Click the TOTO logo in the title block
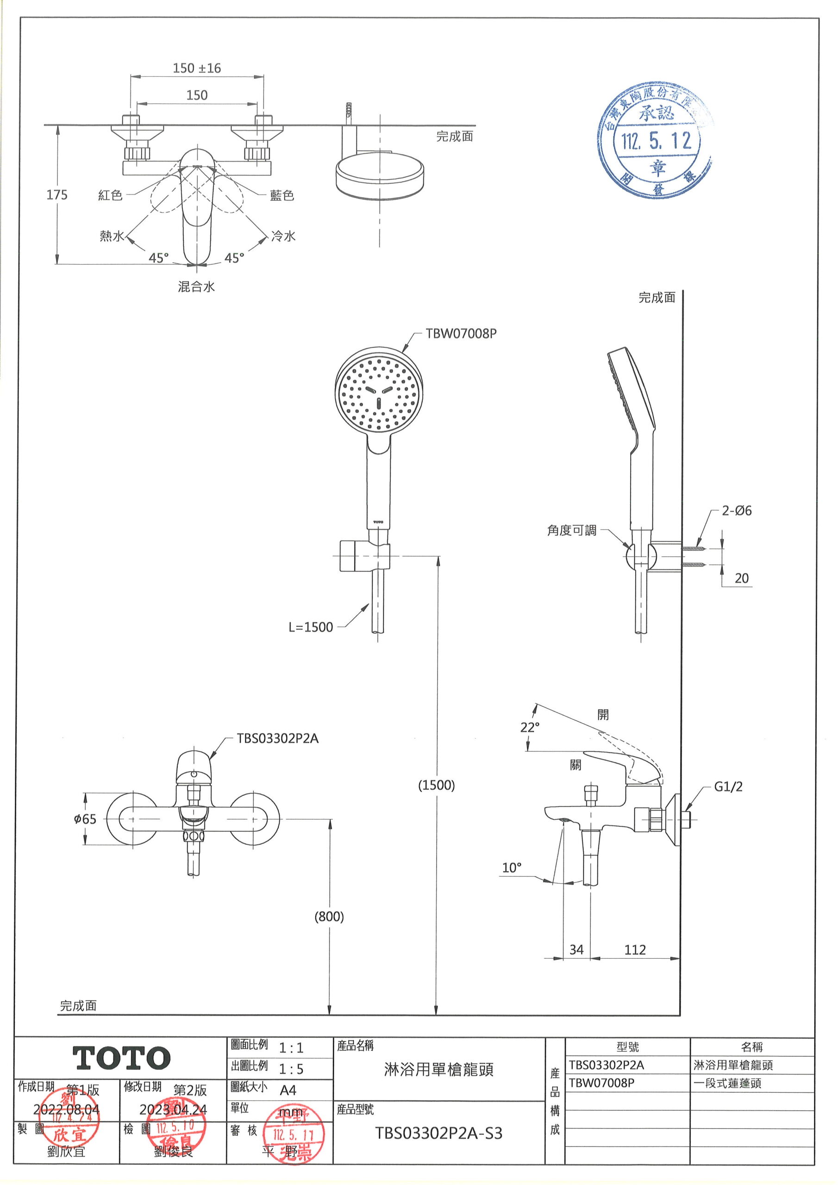pyautogui.click(x=122, y=1058)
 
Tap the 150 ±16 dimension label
pyautogui.click(x=197, y=68)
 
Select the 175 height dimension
pyautogui.click(x=57, y=194)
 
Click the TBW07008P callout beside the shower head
pyautogui.click(x=461, y=333)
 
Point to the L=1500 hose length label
pyautogui.click(x=310, y=627)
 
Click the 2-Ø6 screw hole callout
pyautogui.click(x=736, y=511)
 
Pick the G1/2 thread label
pyautogui.click(x=728, y=786)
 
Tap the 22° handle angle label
pyautogui.click(x=530, y=727)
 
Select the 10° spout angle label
pyautogui.click(x=512, y=867)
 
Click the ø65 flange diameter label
pyautogui.click(x=85, y=818)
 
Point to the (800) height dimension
pyautogui.click(x=329, y=916)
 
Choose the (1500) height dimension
pyautogui.click(x=436, y=785)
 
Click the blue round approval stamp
pyautogui.click(x=655, y=140)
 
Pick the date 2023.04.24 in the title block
pyautogui.click(x=173, y=1109)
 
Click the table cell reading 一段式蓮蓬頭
pyautogui.click(x=727, y=1083)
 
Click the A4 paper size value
pyautogui.click(x=288, y=1090)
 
